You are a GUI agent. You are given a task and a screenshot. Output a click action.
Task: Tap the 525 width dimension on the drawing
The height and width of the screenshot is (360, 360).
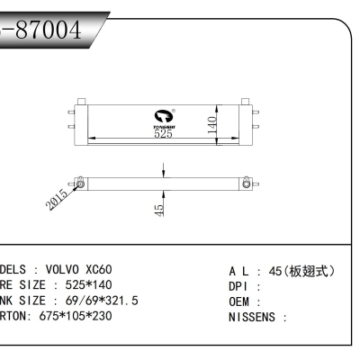pos(162,135)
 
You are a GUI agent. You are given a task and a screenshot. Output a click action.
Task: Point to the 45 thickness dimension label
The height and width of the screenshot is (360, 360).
pos(158,210)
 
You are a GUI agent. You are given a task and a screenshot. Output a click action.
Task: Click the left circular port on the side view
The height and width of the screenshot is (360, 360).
pos(81,184)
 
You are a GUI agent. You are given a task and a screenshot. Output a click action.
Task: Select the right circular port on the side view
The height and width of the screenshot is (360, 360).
pos(244,184)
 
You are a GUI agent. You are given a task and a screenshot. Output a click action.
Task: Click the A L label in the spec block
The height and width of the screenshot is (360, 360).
pos(239,269)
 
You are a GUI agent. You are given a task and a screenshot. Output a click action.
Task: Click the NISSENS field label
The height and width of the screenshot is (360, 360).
pos(256,317)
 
